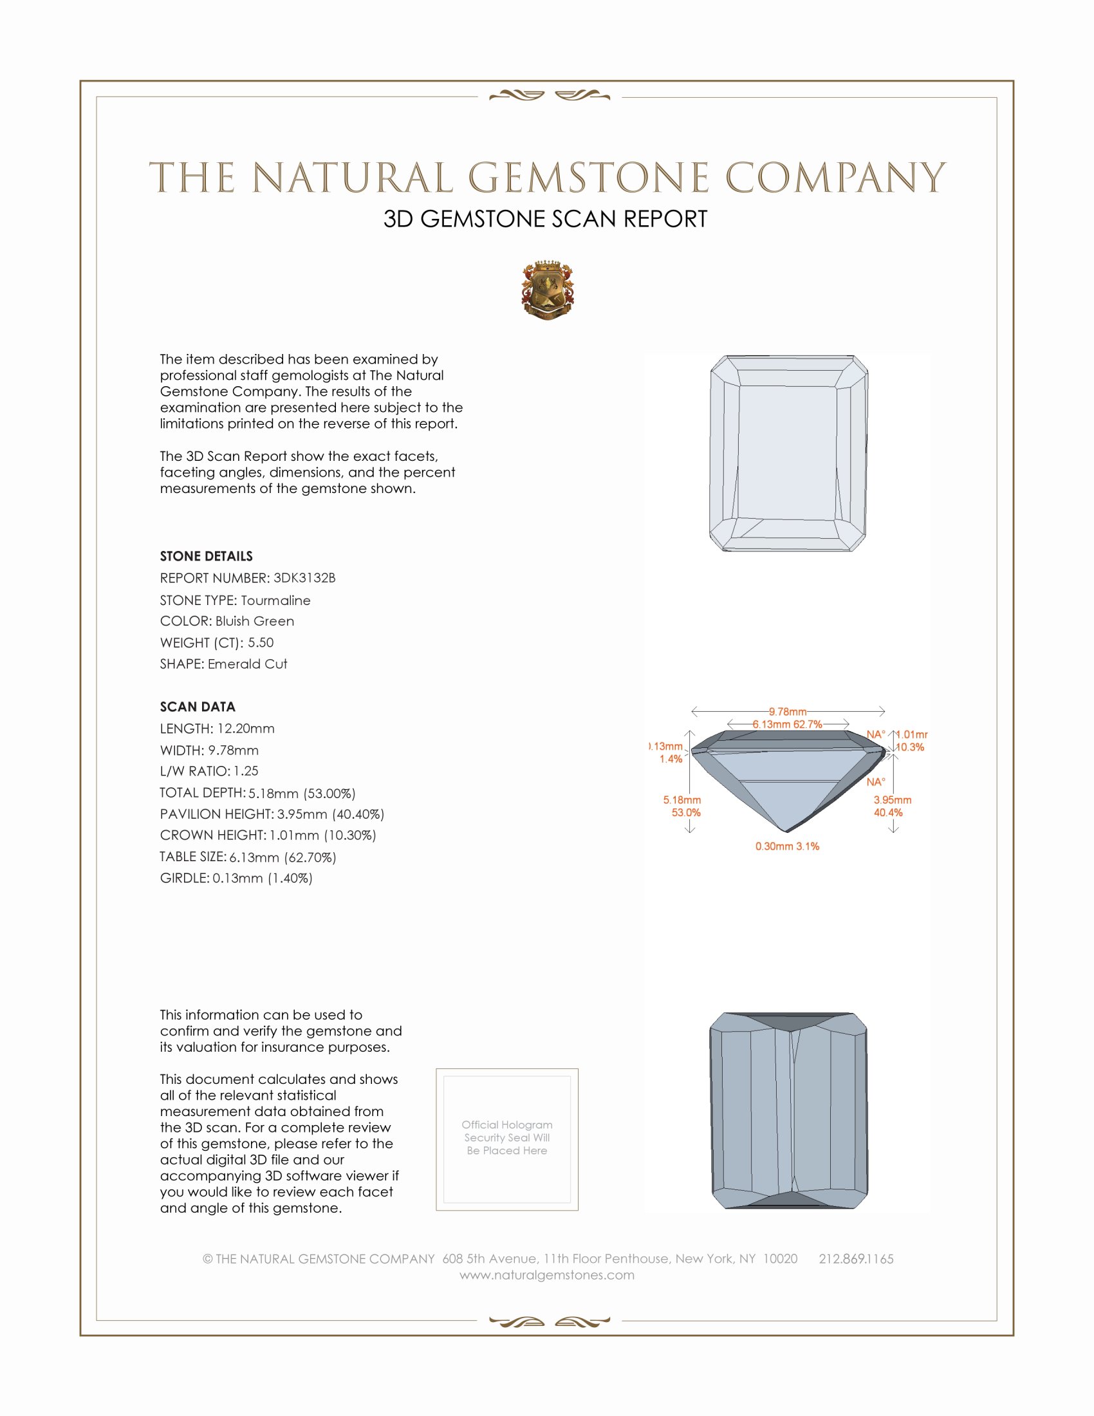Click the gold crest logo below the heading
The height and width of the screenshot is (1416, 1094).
547,290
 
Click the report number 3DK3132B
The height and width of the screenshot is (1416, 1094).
304,578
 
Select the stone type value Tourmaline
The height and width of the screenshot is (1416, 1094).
275,601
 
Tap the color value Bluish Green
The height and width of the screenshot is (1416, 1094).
255,621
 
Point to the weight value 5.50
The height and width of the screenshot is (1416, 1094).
261,642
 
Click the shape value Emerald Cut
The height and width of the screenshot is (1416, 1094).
247,664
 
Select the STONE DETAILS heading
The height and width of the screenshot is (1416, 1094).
206,556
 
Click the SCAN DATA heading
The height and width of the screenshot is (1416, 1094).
197,707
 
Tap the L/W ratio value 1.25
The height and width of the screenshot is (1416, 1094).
246,771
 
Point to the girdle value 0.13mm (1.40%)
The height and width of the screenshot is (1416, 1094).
263,879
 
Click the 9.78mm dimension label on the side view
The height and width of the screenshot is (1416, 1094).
788,712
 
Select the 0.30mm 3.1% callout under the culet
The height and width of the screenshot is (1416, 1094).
787,846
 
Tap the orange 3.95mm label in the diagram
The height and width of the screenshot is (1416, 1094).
892,800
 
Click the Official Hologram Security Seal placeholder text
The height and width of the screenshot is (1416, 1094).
507,1137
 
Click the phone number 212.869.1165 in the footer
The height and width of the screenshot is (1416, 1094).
855,1258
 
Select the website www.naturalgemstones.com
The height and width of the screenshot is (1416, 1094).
546,1274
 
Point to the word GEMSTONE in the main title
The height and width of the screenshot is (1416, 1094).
588,178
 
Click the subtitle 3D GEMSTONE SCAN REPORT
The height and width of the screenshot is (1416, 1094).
545,219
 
